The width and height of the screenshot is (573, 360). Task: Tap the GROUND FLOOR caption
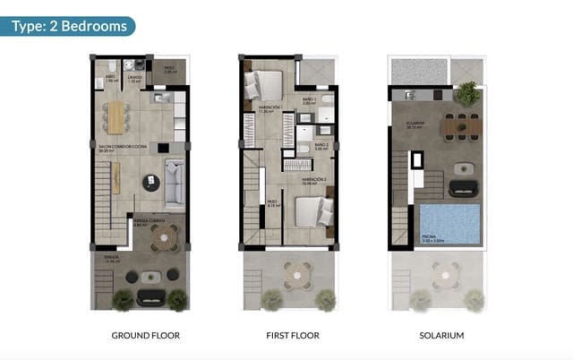pos(145,336)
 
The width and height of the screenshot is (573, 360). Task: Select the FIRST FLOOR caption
pos(294,336)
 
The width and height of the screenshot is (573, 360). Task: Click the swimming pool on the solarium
pos(450,223)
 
